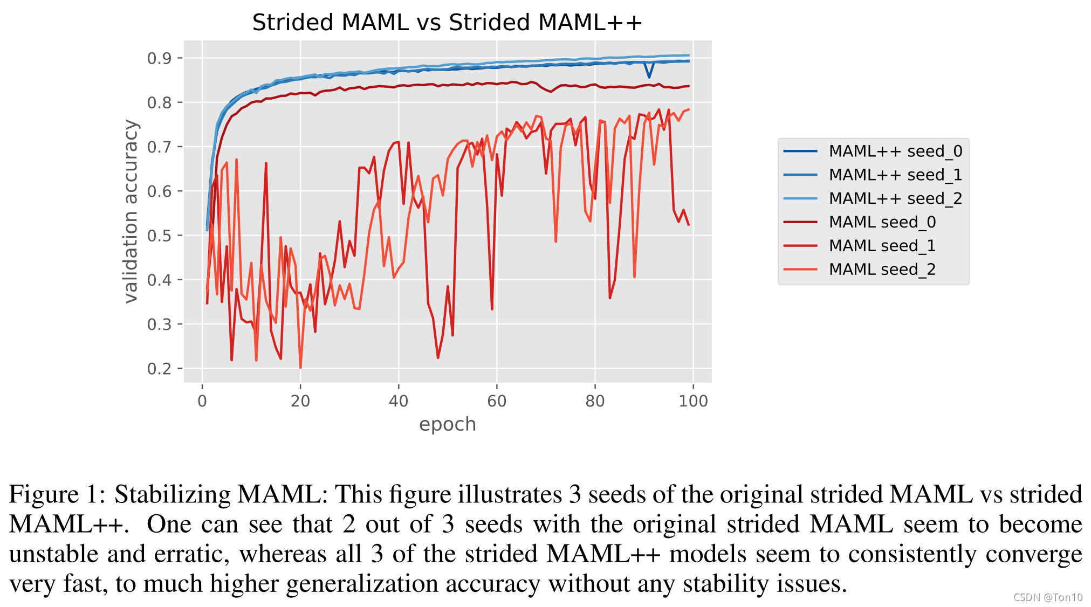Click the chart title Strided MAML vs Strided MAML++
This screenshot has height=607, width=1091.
coord(447,23)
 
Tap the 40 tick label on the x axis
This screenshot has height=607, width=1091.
coord(399,401)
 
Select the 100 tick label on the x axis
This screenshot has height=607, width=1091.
coord(693,401)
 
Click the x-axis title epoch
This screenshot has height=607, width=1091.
coord(447,425)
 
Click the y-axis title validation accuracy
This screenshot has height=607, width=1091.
coord(131,211)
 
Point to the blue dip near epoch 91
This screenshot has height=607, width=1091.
coord(649,77)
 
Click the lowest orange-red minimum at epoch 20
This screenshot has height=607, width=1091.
coord(300,368)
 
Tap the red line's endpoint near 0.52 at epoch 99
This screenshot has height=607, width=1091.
coord(689,225)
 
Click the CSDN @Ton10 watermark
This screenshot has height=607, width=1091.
coord(1047,597)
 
